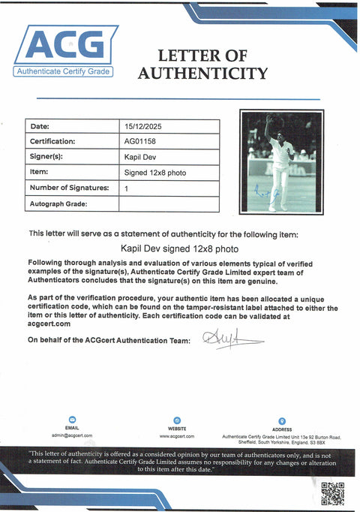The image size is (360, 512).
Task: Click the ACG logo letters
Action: coord(66,45)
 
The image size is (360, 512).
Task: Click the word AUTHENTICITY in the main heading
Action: coord(202,73)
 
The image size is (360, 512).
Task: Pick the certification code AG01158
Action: coord(139,141)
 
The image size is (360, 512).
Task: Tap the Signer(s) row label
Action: coord(46,157)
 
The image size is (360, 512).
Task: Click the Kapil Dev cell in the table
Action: coord(137,157)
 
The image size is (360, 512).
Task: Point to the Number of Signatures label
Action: coord(70,188)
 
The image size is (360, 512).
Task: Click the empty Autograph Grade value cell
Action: coord(169,203)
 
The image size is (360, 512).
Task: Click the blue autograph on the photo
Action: coord(268,194)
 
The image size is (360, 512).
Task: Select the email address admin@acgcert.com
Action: coord(72,435)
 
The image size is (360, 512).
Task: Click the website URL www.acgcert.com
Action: coord(177,435)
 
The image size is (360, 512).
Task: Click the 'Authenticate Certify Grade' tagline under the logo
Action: coord(63,71)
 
